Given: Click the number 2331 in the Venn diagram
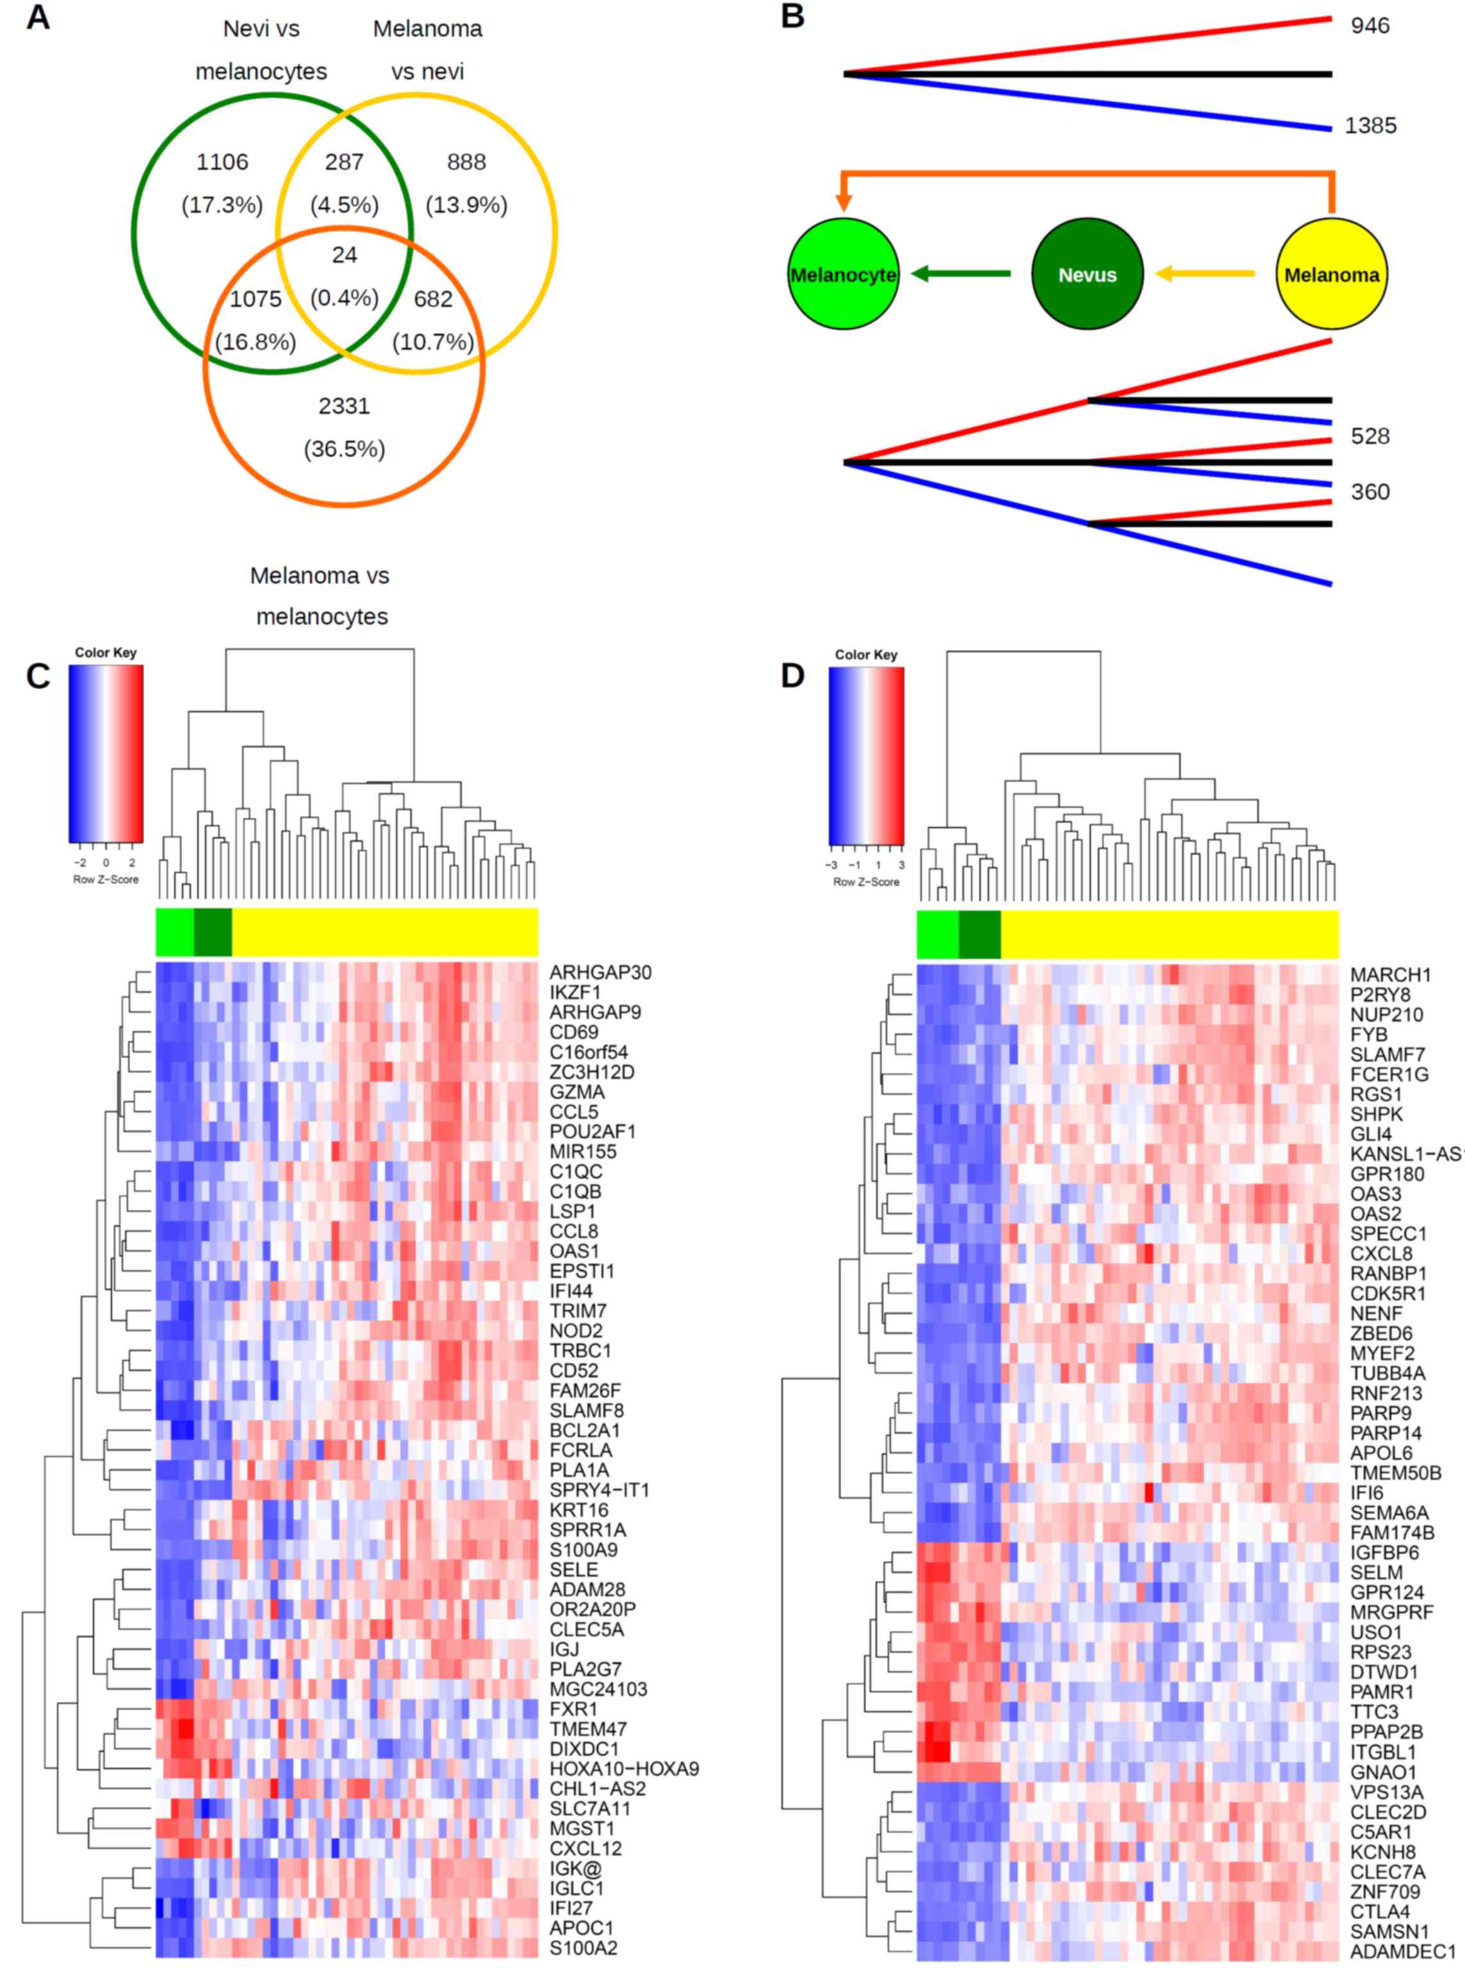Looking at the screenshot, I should [344, 406].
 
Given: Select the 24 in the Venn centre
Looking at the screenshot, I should [344, 256].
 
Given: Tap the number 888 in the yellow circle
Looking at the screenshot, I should [466, 162].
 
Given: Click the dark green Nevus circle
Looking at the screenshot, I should [1087, 274].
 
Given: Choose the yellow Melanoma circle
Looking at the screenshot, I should [1331, 274].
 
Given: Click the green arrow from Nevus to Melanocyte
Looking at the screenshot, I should [962, 274].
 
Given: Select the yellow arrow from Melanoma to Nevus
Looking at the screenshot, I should [1206, 274].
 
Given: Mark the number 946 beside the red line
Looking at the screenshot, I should [1370, 26].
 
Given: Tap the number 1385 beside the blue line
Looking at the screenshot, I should [1370, 126].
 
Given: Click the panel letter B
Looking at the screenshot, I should [792, 17].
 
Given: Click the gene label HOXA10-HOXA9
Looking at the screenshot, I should [623, 1769].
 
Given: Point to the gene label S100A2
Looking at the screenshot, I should [583, 1948].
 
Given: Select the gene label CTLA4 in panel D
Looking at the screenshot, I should [1380, 1911].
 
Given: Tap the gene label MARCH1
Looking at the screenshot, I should [1389, 975].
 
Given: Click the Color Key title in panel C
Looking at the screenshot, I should [106, 653].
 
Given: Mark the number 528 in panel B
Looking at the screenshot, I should [1370, 436].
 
